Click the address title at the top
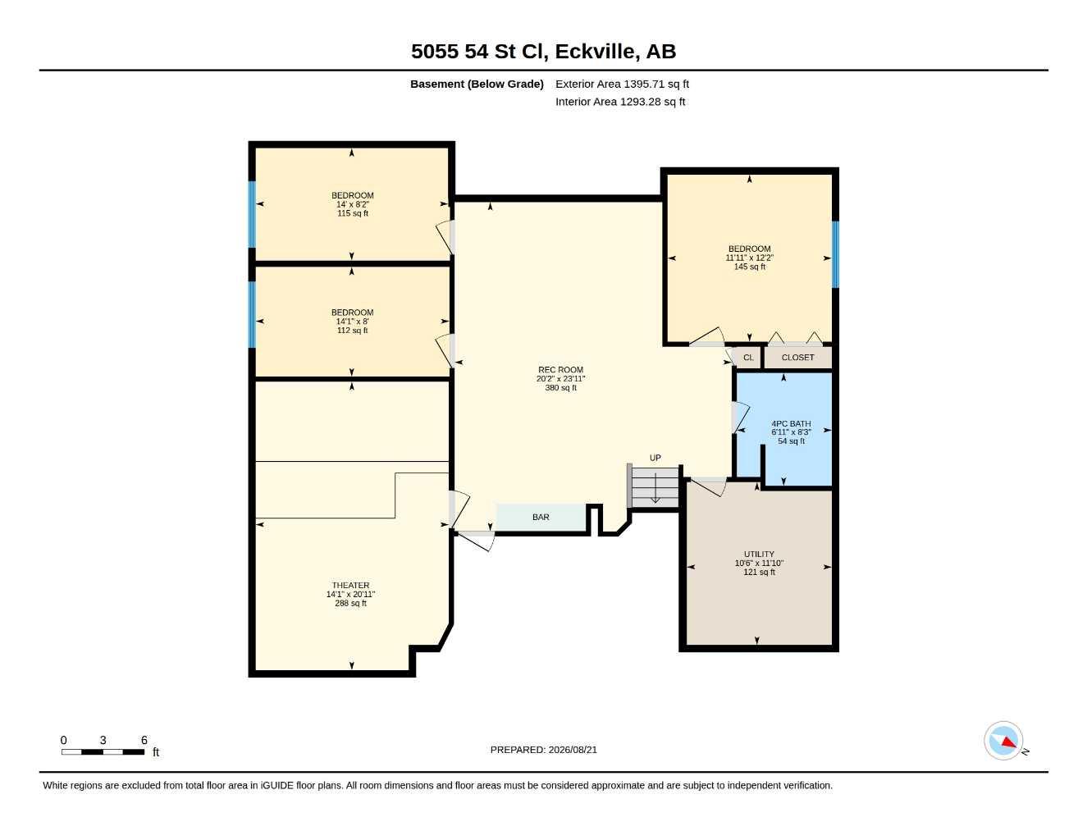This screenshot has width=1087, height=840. tap(543, 52)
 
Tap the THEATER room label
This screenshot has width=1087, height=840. tap(350, 585)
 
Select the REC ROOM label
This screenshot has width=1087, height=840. tap(560, 370)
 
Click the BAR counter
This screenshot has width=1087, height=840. tap(541, 517)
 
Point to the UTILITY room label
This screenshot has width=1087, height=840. tap(759, 554)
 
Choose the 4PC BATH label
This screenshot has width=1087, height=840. tap(791, 423)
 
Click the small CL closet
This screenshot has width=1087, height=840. tap(747, 358)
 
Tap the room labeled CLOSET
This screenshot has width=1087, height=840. tap(798, 358)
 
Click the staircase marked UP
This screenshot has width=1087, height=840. tap(655, 486)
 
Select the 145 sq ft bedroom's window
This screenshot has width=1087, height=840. tap(835, 254)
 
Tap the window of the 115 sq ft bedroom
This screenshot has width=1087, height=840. tap(252, 214)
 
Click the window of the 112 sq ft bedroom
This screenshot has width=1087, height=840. tap(252, 314)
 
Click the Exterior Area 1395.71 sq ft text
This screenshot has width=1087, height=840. tap(622, 84)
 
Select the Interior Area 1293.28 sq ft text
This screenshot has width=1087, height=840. tap(619, 102)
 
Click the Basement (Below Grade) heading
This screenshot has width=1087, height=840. tap(477, 84)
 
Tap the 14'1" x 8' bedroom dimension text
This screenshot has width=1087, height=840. tap(352, 322)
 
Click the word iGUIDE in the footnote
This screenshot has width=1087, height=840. tap(277, 786)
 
